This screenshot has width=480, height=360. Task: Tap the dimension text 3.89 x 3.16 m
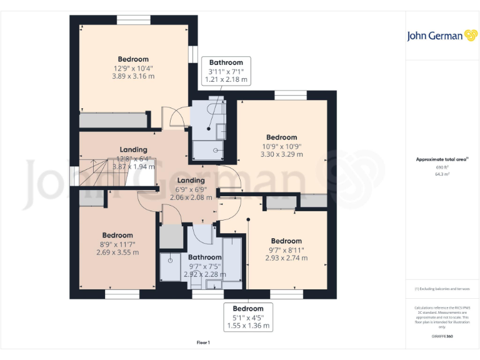tap(132, 76)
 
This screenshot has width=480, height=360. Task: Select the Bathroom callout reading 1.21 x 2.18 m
tap(227, 79)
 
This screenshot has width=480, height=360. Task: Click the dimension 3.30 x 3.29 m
tap(281, 154)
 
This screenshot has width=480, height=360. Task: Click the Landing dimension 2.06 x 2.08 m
tap(191, 197)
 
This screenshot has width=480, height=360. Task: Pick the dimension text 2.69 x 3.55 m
tap(117, 252)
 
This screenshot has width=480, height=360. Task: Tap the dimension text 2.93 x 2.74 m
tap(286, 257)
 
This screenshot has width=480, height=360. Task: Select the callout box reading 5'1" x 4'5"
tap(248, 317)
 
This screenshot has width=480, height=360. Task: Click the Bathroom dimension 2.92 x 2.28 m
tap(205, 274)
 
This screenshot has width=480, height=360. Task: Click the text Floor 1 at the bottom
tap(203, 342)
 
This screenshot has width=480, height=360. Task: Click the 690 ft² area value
tap(442, 167)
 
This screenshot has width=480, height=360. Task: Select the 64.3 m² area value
tap(442, 174)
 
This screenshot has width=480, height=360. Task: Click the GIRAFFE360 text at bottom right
tap(442, 337)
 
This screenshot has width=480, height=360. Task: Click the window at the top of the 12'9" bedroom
tap(134, 20)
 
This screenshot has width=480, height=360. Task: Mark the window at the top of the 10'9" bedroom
tap(290, 95)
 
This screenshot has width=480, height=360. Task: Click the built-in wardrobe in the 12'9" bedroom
tap(112, 120)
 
